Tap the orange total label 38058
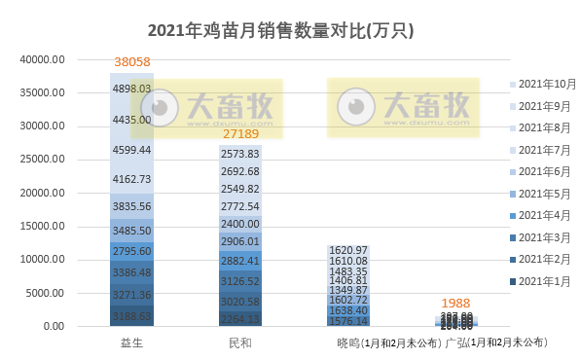[132, 62]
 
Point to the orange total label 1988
[456, 304]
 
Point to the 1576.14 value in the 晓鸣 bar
[348, 320]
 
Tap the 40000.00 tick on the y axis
[44, 59]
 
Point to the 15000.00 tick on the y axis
[44, 227]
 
